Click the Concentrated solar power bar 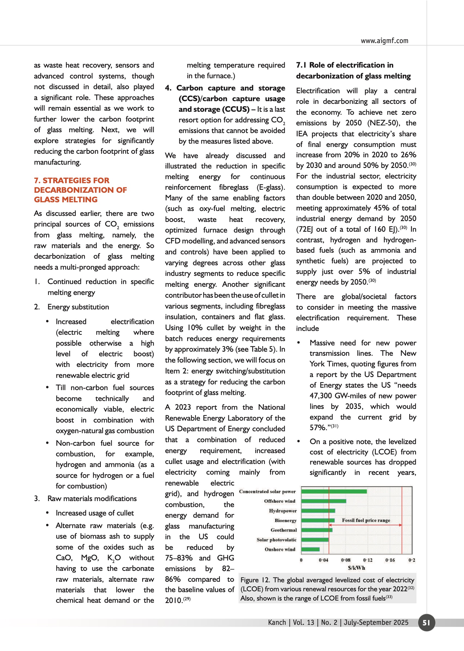(334, 492)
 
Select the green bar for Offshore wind (323, 501)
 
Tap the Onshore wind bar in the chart (310, 549)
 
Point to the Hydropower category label (283, 511)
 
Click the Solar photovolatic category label (276, 540)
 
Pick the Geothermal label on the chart (283, 530)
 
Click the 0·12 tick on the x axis (368, 560)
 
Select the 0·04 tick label (323, 560)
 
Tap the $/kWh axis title (356, 568)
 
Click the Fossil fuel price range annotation (366, 520)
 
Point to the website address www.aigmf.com (384, 41)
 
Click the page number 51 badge (426, 622)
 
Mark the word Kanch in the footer (277, 622)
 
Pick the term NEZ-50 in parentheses (383, 123)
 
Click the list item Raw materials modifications (92, 499)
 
